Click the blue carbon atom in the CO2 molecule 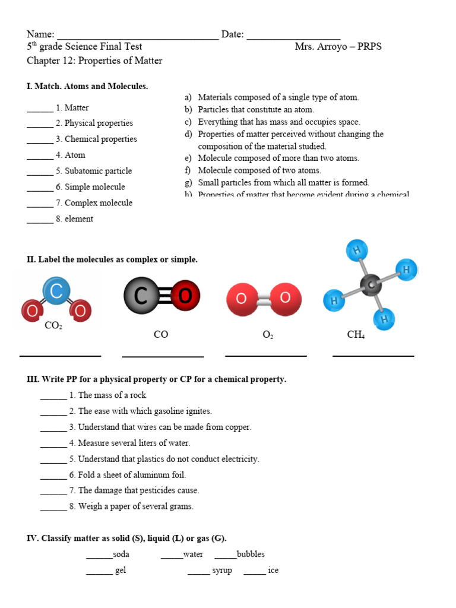(56, 292)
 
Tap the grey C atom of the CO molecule (141, 295)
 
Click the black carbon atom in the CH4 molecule (372, 286)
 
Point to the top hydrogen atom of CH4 (357, 250)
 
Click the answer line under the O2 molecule (266, 356)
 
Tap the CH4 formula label (356, 335)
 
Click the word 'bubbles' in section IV (251, 554)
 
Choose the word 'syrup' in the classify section (222, 570)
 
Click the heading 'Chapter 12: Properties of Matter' (94, 61)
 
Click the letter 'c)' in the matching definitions (188, 122)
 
